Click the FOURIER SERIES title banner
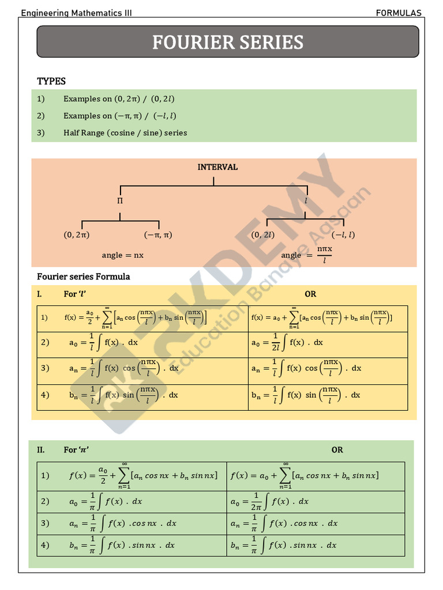point(228,42)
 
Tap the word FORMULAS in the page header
point(399,13)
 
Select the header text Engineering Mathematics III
point(76,13)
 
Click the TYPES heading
point(51,81)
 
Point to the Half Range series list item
point(125,133)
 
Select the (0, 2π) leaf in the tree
point(76,235)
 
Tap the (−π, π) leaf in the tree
point(158,235)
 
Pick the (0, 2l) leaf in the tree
point(262,235)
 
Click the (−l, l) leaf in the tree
point(343,235)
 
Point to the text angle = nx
point(123,255)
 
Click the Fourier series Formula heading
point(84,277)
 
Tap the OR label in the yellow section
point(310,294)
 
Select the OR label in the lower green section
point(337,450)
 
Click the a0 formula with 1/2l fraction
point(287,343)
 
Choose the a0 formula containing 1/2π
point(269,501)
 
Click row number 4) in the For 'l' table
point(45,395)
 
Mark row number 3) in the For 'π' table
point(45,523)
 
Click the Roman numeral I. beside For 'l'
point(40,294)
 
